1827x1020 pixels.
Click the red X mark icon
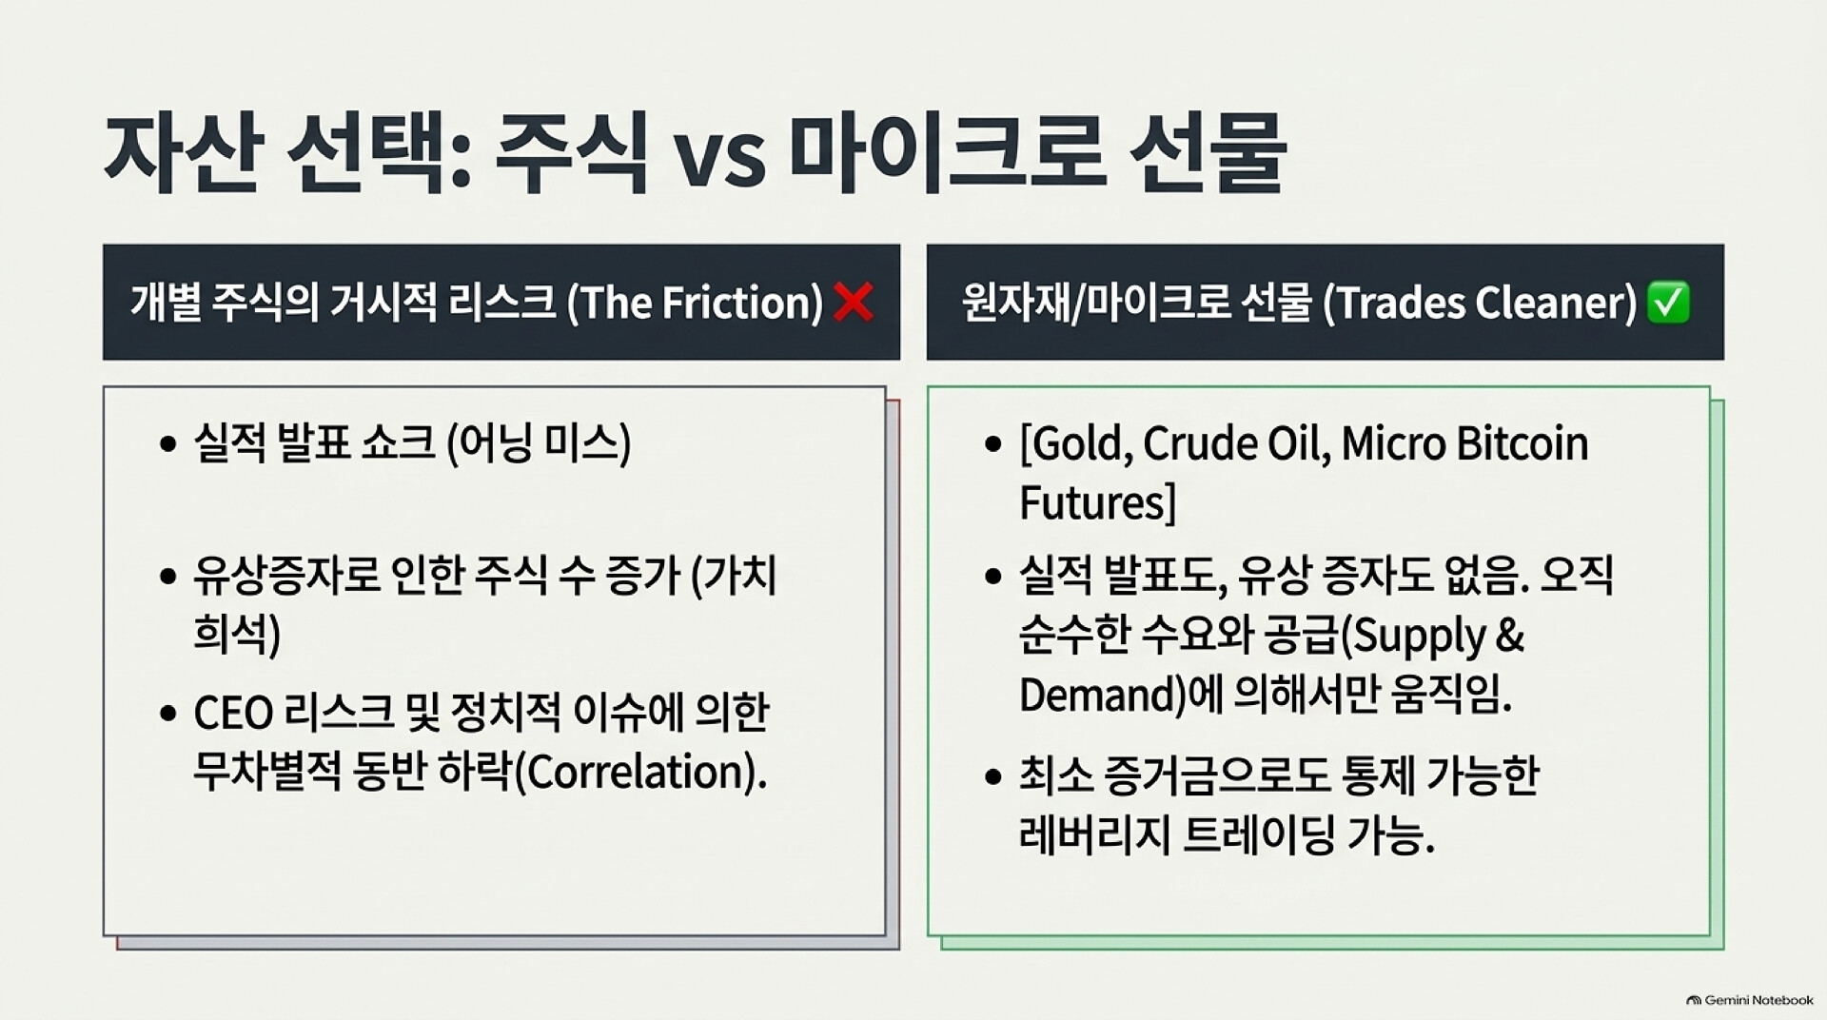pos(853,303)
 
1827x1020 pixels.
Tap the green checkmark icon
pos(1668,303)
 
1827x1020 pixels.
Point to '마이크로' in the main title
pos(947,152)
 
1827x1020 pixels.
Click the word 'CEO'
pos(234,713)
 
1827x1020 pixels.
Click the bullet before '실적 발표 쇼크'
pos(168,444)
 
